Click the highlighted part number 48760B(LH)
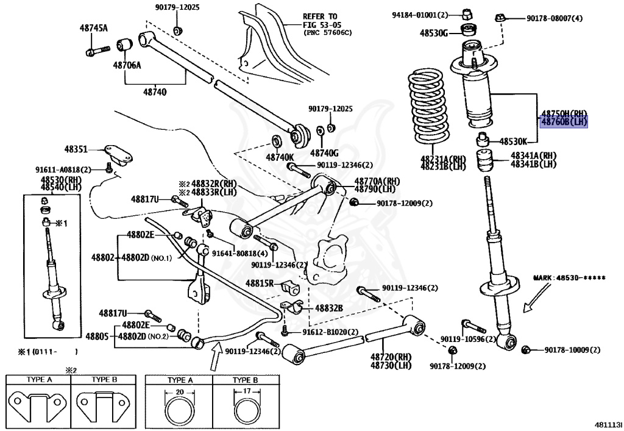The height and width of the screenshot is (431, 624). click(564, 122)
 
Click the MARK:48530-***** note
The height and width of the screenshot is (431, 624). click(570, 278)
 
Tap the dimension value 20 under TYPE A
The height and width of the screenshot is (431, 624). click(179, 392)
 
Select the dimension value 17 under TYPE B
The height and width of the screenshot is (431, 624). click(246, 392)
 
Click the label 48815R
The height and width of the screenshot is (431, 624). click(260, 283)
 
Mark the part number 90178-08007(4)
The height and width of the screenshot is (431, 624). click(555, 18)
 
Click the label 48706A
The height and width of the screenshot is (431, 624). click(126, 65)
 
